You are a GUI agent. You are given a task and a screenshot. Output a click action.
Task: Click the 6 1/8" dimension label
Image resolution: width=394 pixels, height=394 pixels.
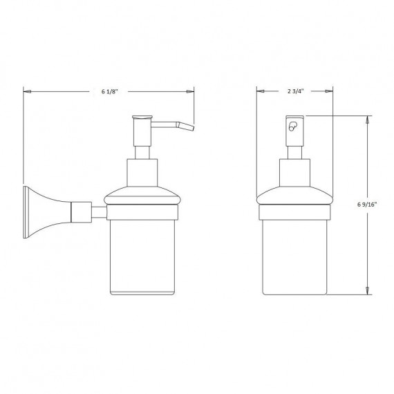coord(109,91)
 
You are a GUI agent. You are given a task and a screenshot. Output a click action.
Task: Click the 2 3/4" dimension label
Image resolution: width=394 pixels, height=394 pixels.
coord(295,91)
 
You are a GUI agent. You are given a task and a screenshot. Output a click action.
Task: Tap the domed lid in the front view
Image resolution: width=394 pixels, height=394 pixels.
coord(295,196)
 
